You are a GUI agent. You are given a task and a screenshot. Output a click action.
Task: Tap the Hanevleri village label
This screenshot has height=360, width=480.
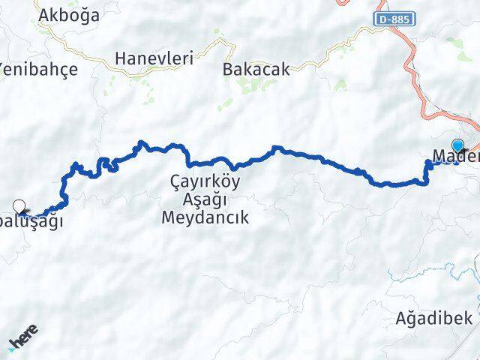(154, 57)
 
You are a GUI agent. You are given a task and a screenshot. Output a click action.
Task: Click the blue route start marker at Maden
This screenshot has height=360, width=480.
(457, 146)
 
